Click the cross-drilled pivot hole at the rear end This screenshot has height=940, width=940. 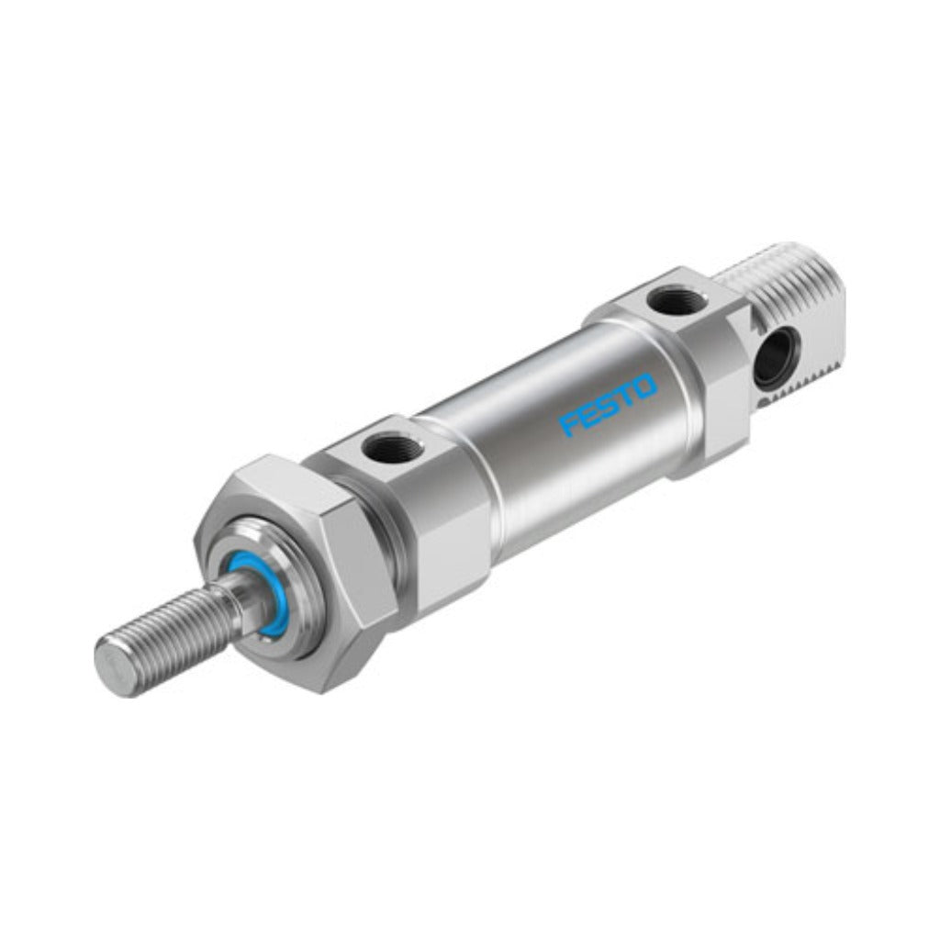point(773,360)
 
